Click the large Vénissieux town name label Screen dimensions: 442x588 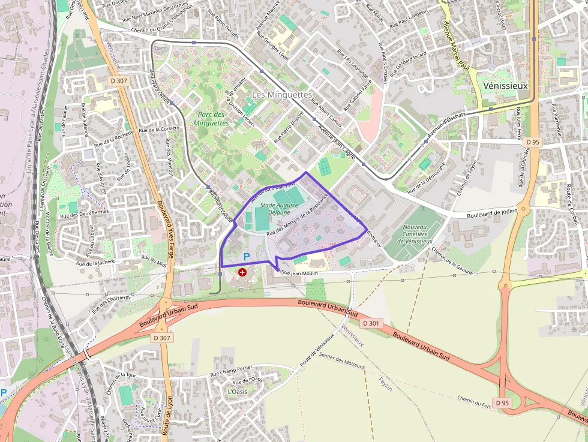coord(505,86)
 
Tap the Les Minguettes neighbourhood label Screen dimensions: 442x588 coord(281,95)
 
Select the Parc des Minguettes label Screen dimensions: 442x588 coord(211,119)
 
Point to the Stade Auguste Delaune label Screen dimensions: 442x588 coord(279,208)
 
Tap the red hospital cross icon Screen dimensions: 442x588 coord(242,272)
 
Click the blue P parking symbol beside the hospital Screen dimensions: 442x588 coord(246,257)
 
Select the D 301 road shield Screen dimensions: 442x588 coord(371,323)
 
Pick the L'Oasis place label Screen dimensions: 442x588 coord(237,391)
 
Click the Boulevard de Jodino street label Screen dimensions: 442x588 coord(491,214)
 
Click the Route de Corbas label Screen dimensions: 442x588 coord(572,205)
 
